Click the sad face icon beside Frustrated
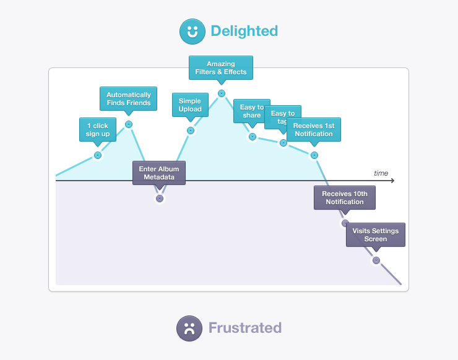click(x=189, y=328)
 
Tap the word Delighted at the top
click(x=244, y=31)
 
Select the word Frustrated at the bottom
click(x=244, y=328)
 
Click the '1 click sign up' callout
click(x=97, y=129)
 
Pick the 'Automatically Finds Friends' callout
click(x=128, y=98)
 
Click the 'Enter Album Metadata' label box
click(x=159, y=173)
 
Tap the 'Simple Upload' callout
click(x=190, y=105)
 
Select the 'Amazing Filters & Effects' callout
click(x=221, y=67)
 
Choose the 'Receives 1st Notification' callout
click(x=314, y=129)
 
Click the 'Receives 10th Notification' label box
click(x=345, y=197)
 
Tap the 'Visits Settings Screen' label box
click(x=376, y=234)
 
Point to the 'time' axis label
click(x=381, y=173)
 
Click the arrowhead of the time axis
click(x=392, y=181)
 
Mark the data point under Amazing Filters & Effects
click(x=221, y=93)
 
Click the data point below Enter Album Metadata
click(x=160, y=199)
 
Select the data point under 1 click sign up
click(x=97, y=155)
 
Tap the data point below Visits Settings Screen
click(x=376, y=260)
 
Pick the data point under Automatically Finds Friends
click(x=129, y=124)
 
